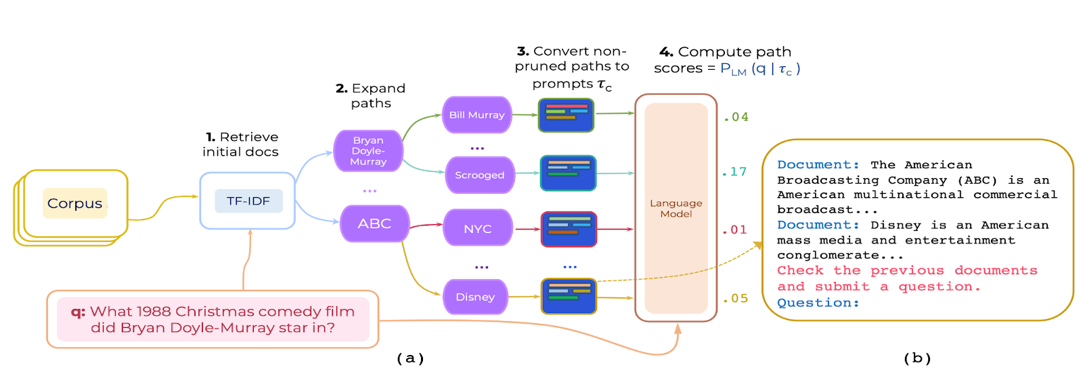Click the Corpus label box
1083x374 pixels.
[74, 203]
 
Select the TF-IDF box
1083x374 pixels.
[248, 201]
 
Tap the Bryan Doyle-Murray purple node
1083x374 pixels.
[368, 151]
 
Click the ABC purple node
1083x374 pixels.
[374, 224]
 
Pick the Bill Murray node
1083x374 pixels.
[477, 115]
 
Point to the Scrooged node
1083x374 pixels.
[479, 175]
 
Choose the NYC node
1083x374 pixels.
[477, 229]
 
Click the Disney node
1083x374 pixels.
[475, 297]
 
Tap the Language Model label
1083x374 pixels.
[676, 209]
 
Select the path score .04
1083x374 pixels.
[736, 117]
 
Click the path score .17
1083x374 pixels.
[734, 172]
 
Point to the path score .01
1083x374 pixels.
[734, 230]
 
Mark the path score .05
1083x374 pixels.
[736, 299]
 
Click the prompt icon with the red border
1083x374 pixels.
[569, 229]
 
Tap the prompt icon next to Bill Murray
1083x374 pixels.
[566, 115]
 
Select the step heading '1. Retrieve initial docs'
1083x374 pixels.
[241, 144]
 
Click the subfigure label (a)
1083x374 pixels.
[410, 358]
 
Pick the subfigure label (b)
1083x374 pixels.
[917, 358]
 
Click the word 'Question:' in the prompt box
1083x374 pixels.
[818, 303]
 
